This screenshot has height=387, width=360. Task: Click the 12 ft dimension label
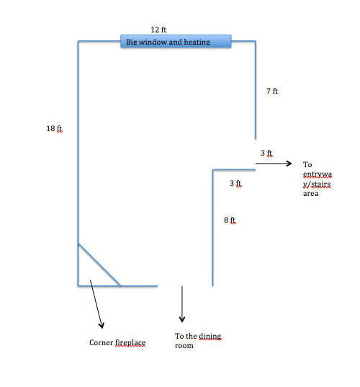(x=158, y=30)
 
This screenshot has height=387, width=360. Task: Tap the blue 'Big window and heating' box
(x=176, y=41)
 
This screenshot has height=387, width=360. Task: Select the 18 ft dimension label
(x=55, y=128)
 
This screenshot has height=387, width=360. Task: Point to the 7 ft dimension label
(x=272, y=91)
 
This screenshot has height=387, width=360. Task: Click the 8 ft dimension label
(x=230, y=220)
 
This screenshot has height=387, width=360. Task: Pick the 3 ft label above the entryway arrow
(x=267, y=153)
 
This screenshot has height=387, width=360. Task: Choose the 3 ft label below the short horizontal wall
(x=235, y=183)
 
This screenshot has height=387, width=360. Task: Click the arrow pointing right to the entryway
(x=274, y=164)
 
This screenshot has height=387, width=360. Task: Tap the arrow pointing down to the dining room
(x=182, y=304)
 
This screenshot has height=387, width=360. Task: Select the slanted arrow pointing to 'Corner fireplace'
(x=96, y=304)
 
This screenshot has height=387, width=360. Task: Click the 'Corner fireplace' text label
(x=117, y=342)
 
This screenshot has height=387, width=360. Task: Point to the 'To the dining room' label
(x=198, y=341)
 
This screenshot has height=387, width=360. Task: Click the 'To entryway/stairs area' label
(x=318, y=179)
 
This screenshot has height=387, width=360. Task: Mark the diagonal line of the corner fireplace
(x=99, y=264)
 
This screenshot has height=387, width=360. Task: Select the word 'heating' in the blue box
(x=197, y=42)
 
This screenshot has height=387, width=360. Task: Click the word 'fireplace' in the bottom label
(x=130, y=342)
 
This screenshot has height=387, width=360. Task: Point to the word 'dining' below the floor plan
(x=210, y=337)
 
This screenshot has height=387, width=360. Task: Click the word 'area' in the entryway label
(x=310, y=194)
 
